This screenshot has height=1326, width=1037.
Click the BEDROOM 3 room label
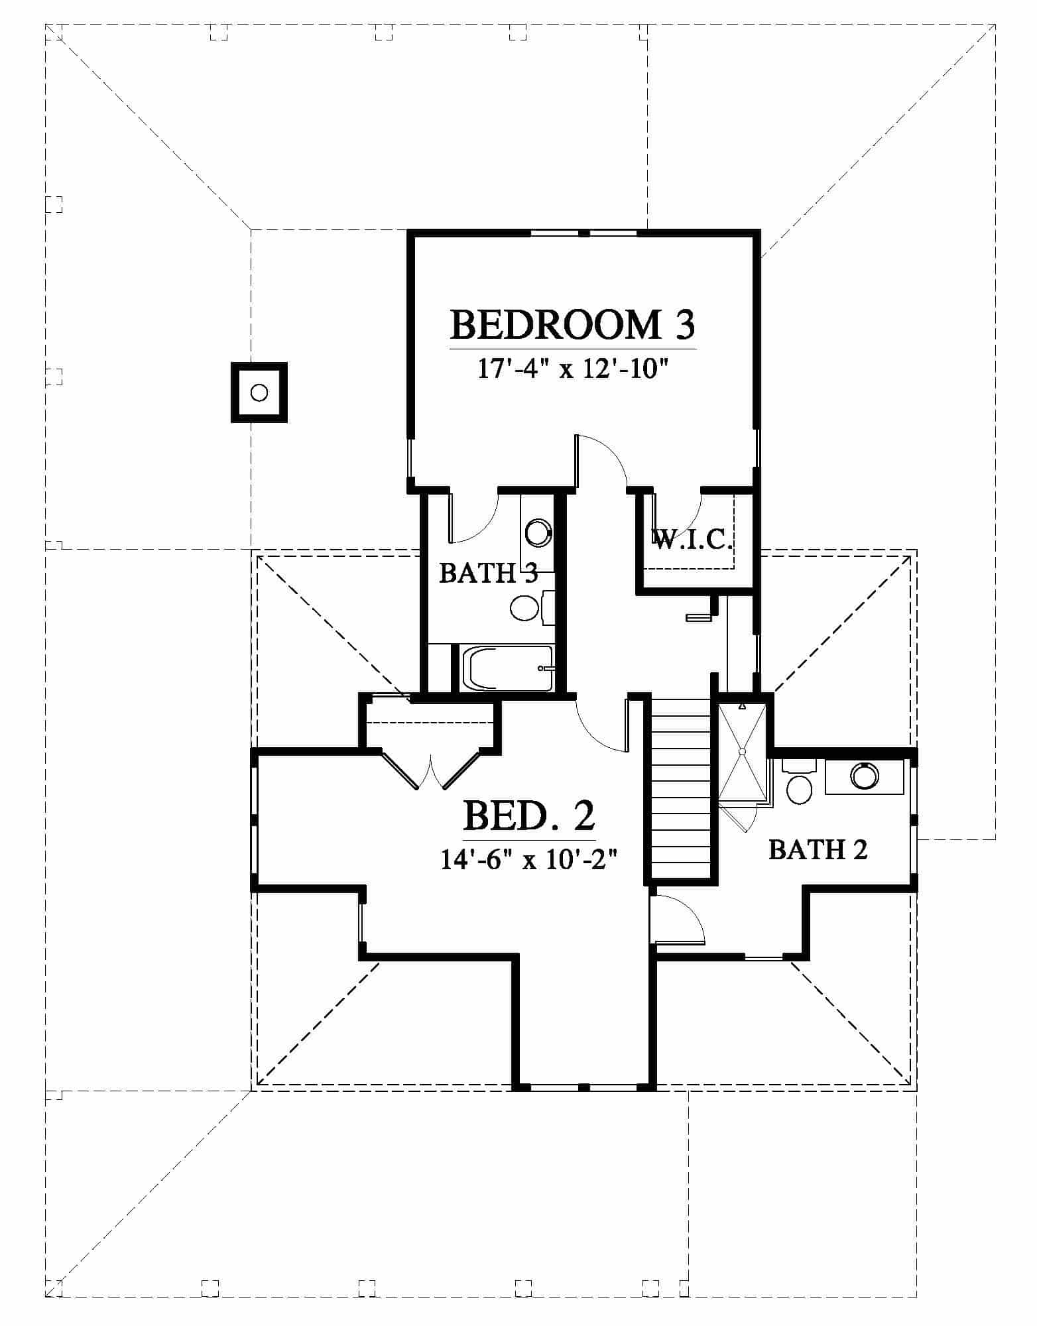[x=573, y=325]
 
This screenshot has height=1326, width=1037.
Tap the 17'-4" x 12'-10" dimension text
[x=572, y=369]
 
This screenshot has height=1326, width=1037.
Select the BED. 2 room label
[x=528, y=815]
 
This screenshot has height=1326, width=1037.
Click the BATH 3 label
[x=488, y=573]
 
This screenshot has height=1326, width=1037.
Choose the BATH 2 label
[x=818, y=849]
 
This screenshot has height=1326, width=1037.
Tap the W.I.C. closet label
[x=692, y=540]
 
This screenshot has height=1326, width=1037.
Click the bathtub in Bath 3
[x=508, y=668]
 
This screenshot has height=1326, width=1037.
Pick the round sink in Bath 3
[x=538, y=532]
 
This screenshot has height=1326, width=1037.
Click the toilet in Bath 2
[x=799, y=784]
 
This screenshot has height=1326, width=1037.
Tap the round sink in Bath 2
[x=865, y=776]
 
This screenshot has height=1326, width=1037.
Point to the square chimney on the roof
[x=259, y=392]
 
